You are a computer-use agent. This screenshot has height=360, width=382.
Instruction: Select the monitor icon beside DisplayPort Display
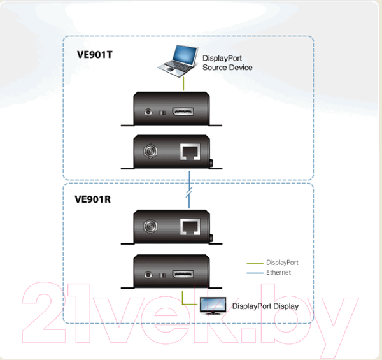coord(211,306)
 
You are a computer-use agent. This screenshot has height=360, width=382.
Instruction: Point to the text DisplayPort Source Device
coord(227,63)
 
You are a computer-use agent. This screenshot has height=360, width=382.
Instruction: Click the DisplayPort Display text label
coord(265,306)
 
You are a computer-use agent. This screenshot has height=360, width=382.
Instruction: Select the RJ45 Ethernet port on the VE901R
coord(190,226)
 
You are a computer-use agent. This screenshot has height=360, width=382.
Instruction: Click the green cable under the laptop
coord(183,84)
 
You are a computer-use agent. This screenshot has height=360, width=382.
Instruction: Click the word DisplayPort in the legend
coord(282,262)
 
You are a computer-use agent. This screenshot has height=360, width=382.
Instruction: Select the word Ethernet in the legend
coord(278,272)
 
